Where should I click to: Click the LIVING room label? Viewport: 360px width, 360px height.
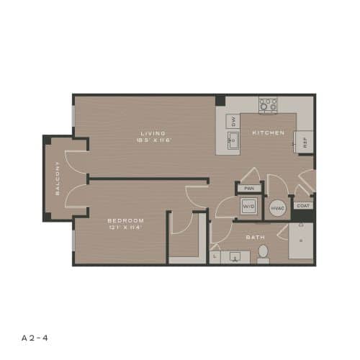[x=153, y=133]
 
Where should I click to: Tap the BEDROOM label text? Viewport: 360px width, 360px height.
[x=125, y=220]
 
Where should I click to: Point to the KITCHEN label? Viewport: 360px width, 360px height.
[x=268, y=133]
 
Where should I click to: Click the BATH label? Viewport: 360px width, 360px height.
[x=256, y=236]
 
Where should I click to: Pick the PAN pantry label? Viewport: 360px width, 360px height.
[x=249, y=188]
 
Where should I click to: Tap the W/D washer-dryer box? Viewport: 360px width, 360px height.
[x=249, y=207]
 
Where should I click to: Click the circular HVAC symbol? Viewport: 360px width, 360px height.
[x=277, y=208]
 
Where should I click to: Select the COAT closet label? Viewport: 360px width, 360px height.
[x=304, y=205]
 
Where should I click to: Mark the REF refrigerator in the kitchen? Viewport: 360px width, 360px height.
[x=304, y=142]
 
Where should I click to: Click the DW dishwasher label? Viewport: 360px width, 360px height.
[x=233, y=120]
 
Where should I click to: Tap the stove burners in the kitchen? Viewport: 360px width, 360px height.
[x=268, y=105]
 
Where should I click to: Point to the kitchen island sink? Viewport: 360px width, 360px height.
[x=233, y=140]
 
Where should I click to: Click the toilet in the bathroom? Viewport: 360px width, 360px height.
[x=263, y=253]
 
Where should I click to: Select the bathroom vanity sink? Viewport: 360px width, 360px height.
[x=235, y=256]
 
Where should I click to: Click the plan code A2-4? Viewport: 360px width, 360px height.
[x=35, y=336]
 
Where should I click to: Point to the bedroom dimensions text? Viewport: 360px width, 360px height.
[x=125, y=228]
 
